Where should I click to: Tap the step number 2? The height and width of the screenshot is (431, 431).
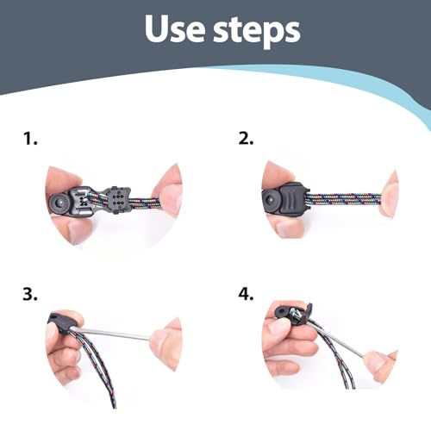click(x=246, y=139)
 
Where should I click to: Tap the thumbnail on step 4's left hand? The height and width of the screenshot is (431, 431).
click(x=278, y=327)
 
